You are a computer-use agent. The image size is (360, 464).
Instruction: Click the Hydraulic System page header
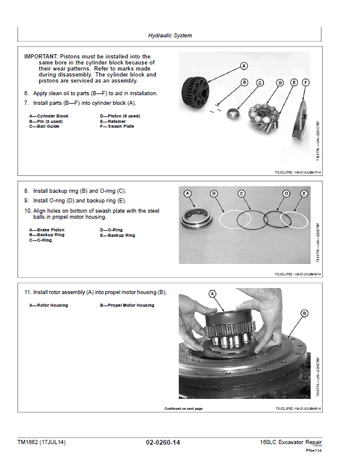click(170, 36)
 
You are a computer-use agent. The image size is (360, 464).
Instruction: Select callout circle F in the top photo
click(306, 82)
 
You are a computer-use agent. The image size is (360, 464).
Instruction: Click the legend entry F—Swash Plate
click(117, 127)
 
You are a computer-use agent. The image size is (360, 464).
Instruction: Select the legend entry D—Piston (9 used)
click(120, 116)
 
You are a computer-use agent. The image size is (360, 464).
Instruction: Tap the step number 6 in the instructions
click(26, 93)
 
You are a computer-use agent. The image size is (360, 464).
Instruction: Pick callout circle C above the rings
click(241, 193)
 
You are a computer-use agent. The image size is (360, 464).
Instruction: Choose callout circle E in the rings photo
click(303, 193)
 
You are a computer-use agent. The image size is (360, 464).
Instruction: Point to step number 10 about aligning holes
click(27, 211)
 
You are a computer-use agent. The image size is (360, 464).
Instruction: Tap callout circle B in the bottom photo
click(304, 313)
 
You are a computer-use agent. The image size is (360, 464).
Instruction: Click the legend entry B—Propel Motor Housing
click(126, 306)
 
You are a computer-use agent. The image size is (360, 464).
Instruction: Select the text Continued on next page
click(183, 409)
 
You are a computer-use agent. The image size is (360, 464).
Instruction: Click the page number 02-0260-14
click(163, 443)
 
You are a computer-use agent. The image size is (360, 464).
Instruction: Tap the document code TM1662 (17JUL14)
click(42, 443)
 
